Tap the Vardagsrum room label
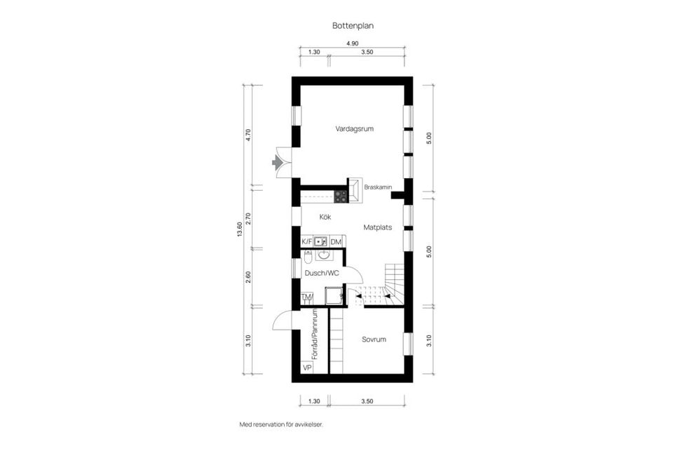[353, 128]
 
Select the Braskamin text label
[377, 187]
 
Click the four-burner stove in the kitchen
[340, 196]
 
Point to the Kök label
[325, 217]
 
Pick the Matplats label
[377, 227]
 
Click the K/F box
[306, 242]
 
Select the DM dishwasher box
[336, 242]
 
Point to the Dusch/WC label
[322, 273]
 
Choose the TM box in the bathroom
[306, 297]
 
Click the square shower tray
[334, 297]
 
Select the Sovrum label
[374, 340]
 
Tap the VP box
[306, 368]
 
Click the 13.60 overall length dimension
[240, 230]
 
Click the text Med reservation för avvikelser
[281, 424]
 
